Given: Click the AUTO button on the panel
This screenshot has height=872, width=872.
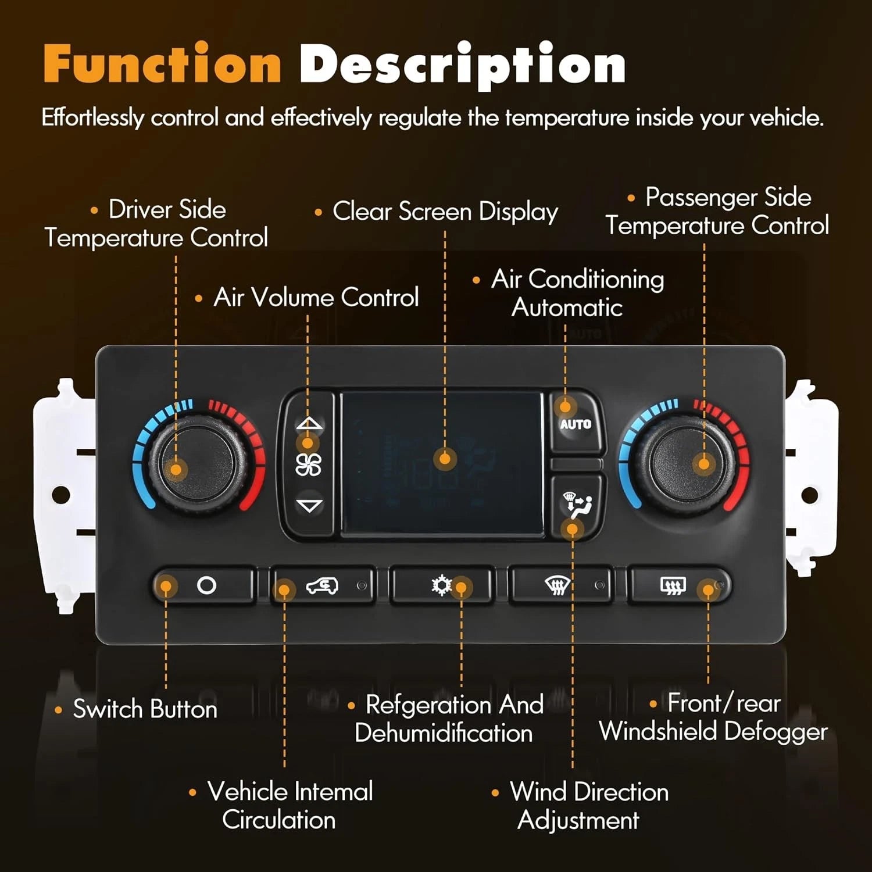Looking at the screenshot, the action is click(x=575, y=421).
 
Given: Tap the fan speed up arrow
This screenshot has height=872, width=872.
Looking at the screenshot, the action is click(x=309, y=423).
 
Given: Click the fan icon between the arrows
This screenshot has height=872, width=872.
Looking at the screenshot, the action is click(x=308, y=464).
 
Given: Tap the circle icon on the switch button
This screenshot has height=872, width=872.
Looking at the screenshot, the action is click(x=207, y=585).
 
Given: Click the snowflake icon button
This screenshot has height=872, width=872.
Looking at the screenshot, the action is click(x=442, y=585).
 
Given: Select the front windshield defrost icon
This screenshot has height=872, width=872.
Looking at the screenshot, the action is click(x=557, y=585).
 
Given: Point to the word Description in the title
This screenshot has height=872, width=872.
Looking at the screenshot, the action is click(x=462, y=65).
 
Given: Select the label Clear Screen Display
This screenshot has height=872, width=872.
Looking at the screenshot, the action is click(x=445, y=212).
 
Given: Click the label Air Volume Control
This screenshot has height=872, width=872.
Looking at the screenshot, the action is click(x=316, y=297).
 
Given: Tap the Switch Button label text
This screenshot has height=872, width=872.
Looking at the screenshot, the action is click(x=145, y=709).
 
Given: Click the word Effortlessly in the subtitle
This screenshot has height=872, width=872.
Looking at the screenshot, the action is click(x=92, y=118).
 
